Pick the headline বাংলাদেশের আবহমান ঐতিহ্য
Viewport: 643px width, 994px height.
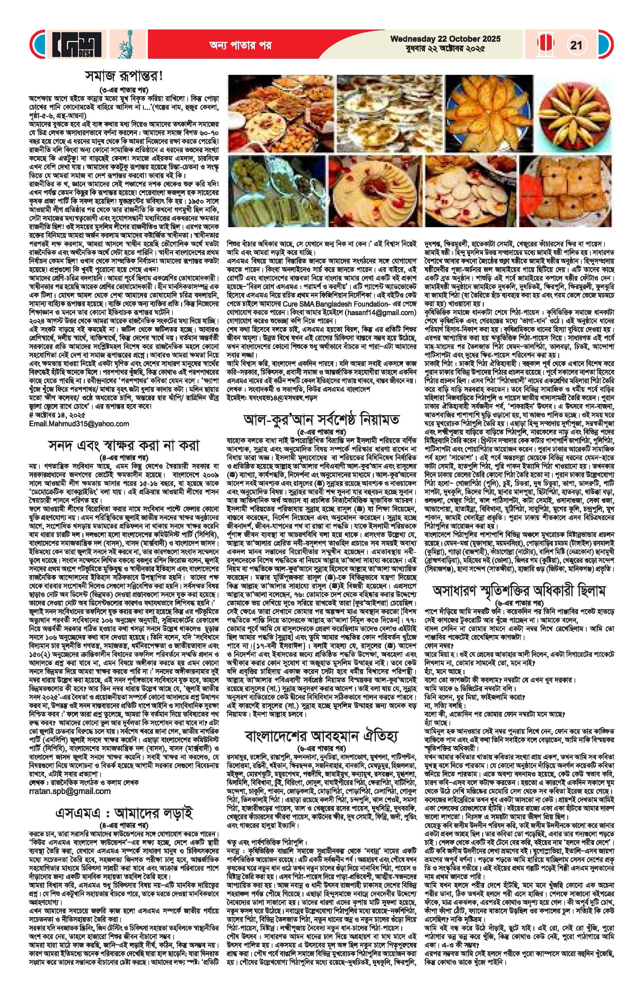(324, 734)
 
